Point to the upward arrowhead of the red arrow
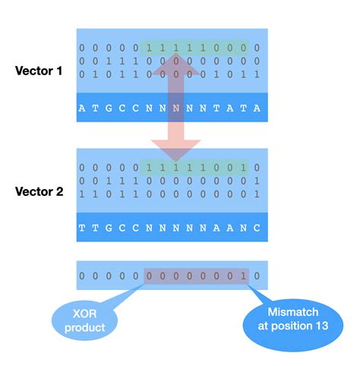pyautogui.click(x=175, y=71)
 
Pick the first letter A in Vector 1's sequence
pyautogui.click(x=82, y=109)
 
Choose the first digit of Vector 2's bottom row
pyautogui.click(x=82, y=194)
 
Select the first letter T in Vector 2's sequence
pyautogui.click(x=82, y=227)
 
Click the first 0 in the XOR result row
pyautogui.click(x=82, y=276)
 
